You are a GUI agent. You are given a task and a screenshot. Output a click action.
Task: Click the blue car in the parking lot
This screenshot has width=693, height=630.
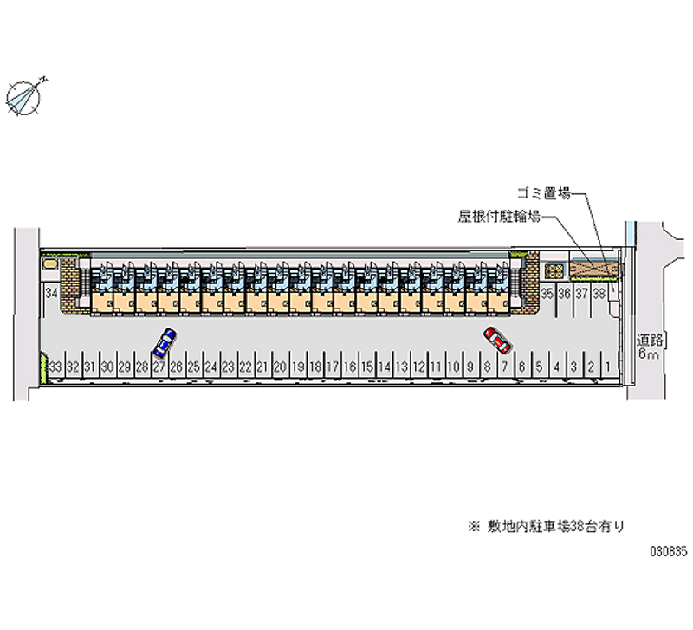point(163,343)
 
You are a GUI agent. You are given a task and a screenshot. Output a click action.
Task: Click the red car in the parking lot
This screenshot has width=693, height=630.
point(495,339)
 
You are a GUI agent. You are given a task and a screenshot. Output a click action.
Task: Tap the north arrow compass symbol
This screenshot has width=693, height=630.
point(25,96)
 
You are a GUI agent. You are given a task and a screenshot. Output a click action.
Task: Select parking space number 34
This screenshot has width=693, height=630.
point(52,294)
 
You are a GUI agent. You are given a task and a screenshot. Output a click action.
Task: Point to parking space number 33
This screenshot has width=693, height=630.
point(55,367)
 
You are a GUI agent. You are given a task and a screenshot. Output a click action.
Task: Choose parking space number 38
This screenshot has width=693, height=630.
point(598,294)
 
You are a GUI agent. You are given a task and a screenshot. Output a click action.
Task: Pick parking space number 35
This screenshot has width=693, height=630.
point(547,294)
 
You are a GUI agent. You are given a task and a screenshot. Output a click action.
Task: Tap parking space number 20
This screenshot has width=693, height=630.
point(280,367)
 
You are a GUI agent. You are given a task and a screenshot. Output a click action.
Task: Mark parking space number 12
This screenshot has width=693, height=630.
point(418,367)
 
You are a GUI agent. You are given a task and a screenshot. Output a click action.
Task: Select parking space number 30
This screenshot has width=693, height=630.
point(107,367)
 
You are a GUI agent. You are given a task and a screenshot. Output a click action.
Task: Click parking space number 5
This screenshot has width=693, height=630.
point(539,367)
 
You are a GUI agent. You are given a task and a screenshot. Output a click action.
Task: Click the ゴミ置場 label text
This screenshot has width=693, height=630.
point(543,194)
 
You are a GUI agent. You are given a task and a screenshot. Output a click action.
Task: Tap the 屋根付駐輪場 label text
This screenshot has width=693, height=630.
point(500,217)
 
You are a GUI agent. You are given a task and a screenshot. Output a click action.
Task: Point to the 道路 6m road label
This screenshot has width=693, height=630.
point(650,346)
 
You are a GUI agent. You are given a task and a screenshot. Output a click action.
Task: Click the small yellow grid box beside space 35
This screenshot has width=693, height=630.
point(554,270)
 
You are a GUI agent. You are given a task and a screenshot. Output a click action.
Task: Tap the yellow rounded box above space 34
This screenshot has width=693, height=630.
point(52,262)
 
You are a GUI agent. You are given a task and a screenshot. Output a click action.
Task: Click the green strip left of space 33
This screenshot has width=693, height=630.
point(42,369)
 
